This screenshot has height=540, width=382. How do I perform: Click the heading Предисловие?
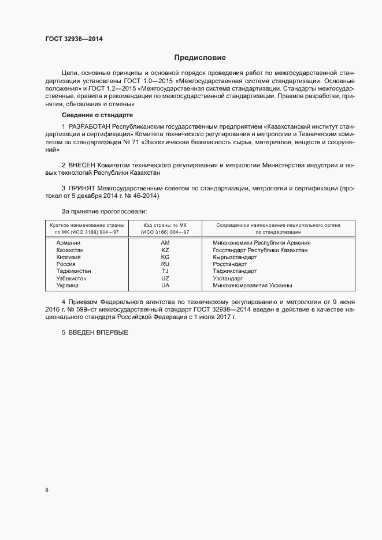coord(201,58)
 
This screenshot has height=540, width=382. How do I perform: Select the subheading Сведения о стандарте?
coord(97,115)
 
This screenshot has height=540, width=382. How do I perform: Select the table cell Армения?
coord(68,243)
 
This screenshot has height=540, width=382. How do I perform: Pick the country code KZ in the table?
coord(165,250)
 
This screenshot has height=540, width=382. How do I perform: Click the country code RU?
coord(165,264)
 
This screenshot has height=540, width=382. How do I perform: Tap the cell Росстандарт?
coord(229,264)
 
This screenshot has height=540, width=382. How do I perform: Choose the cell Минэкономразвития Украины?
coord(252,286)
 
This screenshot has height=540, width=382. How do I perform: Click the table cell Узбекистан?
coord(72,278)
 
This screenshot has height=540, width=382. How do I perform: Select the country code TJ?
coord(165,271)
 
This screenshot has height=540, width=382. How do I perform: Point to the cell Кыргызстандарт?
coord(235,257)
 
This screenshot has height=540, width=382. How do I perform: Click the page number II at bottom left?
coord(47,490)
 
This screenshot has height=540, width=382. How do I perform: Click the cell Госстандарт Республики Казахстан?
coord(260,250)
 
